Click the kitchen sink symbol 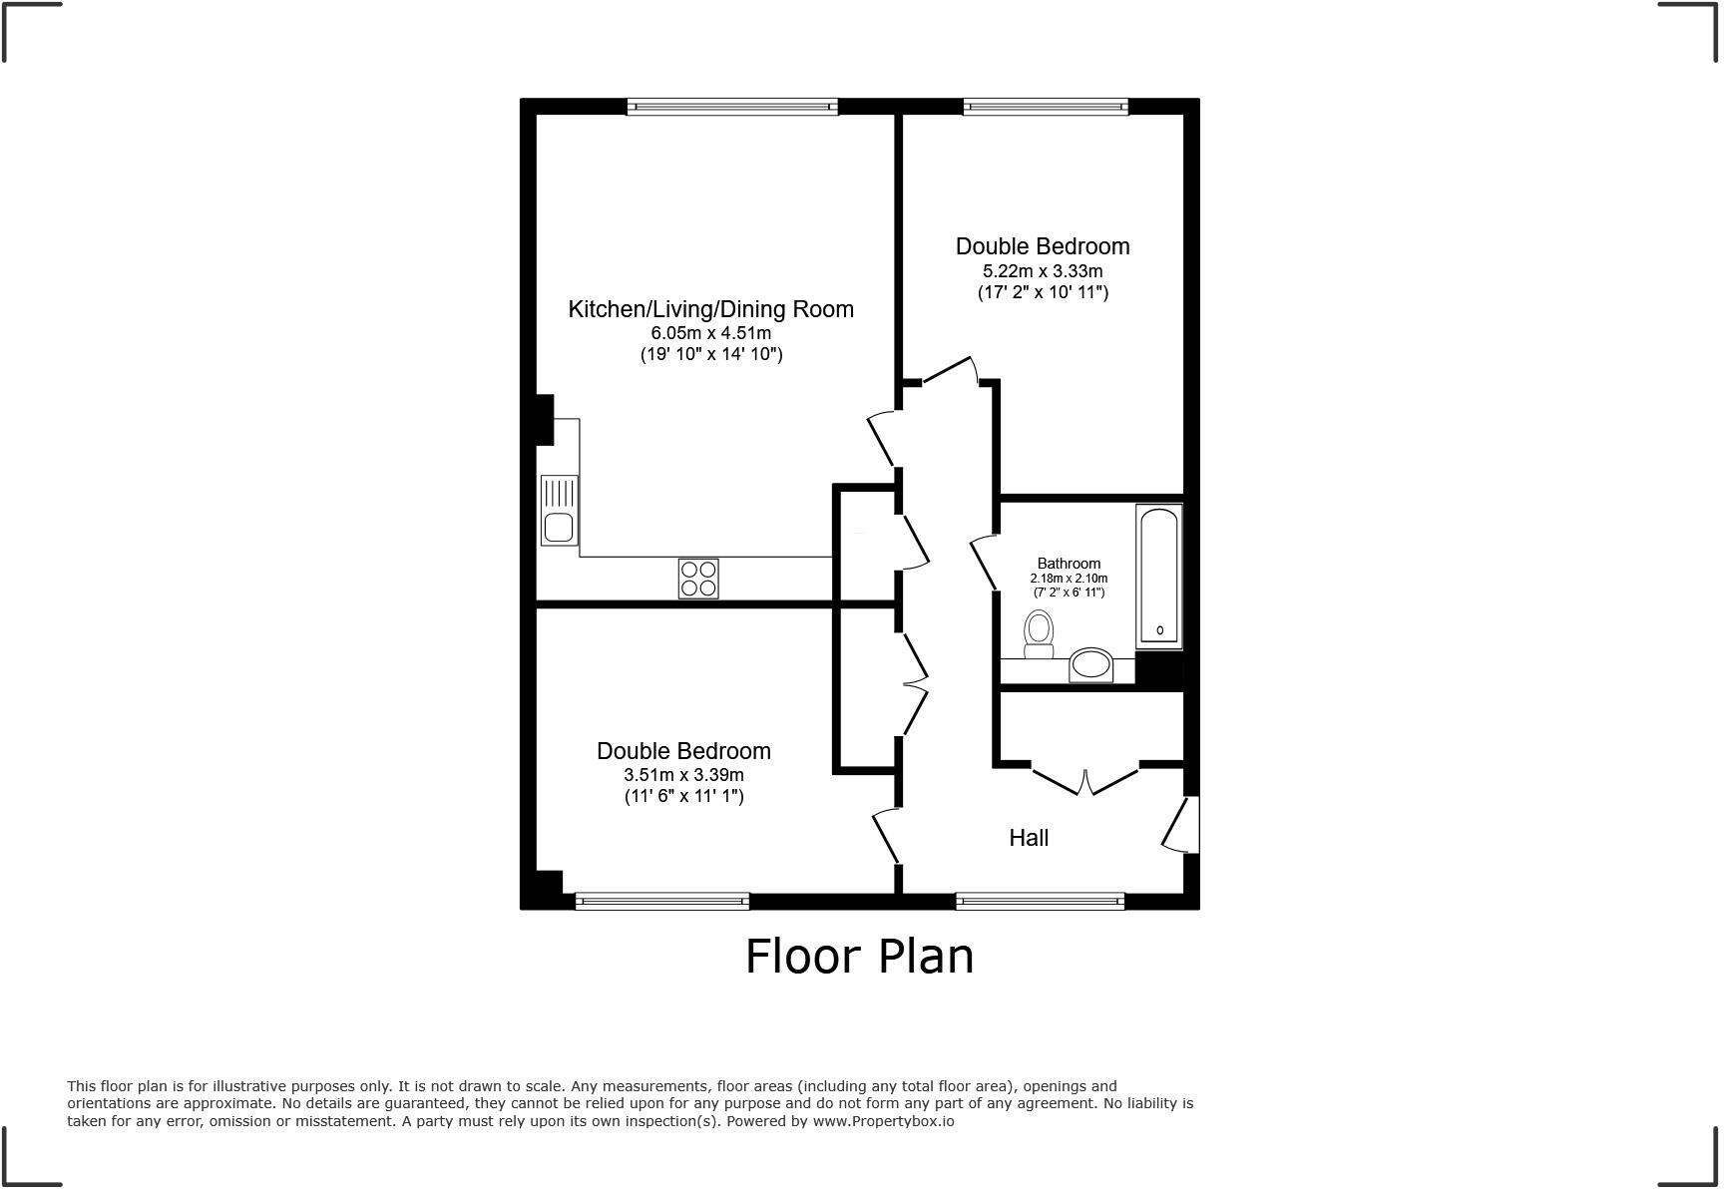[x=559, y=510]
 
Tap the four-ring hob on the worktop [x=698, y=579]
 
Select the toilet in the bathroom [x=1039, y=634]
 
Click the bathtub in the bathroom [x=1158, y=576]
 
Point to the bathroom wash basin [x=1090, y=664]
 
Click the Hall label [x=1029, y=838]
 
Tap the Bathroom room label [x=1069, y=564]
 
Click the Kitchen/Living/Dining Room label [x=710, y=309]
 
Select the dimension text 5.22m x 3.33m [x=1043, y=271]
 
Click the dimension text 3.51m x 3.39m [x=683, y=775]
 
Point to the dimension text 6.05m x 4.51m [x=710, y=333]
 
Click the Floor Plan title [x=859, y=956]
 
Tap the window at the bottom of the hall [x=1040, y=901]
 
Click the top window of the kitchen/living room [x=732, y=106]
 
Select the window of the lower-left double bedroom [x=661, y=901]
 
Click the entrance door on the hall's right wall [x=1183, y=824]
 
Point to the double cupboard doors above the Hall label [x=1085, y=778]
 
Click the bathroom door [x=985, y=564]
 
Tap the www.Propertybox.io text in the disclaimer [x=883, y=1121]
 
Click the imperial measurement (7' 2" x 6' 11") [x=1069, y=593]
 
